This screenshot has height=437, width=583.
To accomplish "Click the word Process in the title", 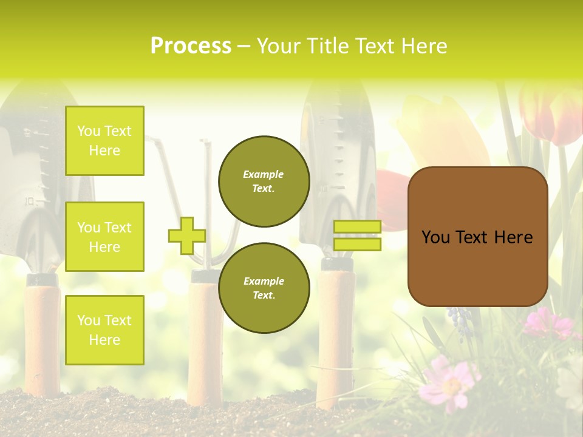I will [191, 46].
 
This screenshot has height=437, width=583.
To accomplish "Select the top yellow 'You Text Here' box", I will [104, 141].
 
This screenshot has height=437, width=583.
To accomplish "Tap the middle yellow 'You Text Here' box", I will [104, 237].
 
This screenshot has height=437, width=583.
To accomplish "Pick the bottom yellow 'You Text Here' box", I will [104, 330].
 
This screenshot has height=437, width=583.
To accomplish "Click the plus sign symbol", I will [186, 235].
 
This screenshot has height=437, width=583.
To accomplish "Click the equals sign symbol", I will [357, 235].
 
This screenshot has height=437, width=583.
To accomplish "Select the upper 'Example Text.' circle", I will [264, 181].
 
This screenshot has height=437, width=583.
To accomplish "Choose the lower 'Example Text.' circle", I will [264, 288].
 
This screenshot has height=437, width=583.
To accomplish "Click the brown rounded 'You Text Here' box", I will [477, 237].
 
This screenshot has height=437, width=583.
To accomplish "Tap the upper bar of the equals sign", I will [357, 227].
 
